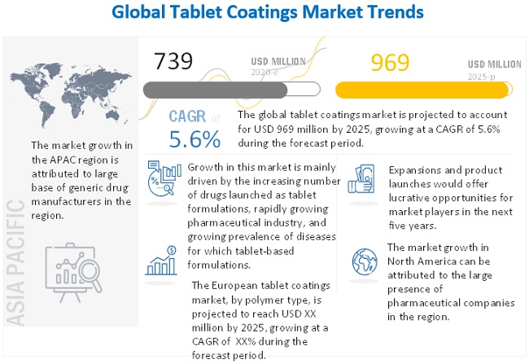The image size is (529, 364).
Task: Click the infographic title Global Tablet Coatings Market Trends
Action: pos(264,12)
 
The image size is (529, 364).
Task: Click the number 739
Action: pos(173,62)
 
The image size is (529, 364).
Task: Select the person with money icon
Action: pos(362,179)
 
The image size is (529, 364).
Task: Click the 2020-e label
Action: pos(265,72)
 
